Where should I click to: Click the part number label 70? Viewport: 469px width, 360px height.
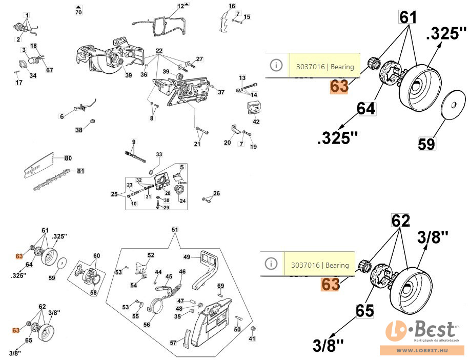click(x=78, y=12)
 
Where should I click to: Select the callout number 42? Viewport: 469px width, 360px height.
click(x=256, y=122)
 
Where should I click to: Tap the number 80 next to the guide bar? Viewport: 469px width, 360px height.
click(x=68, y=158)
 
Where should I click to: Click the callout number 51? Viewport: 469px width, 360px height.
click(x=175, y=229)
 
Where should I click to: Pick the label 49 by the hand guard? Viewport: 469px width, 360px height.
click(x=187, y=256)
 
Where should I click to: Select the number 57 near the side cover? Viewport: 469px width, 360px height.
click(x=173, y=343)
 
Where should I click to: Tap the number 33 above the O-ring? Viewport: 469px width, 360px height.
click(x=159, y=154)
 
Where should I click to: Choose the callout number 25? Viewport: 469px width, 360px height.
click(x=114, y=194)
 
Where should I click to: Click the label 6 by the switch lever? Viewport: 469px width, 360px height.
click(x=62, y=116)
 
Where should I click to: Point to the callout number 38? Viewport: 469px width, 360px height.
click(x=79, y=130)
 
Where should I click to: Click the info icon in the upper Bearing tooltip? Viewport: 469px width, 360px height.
click(x=276, y=65)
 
